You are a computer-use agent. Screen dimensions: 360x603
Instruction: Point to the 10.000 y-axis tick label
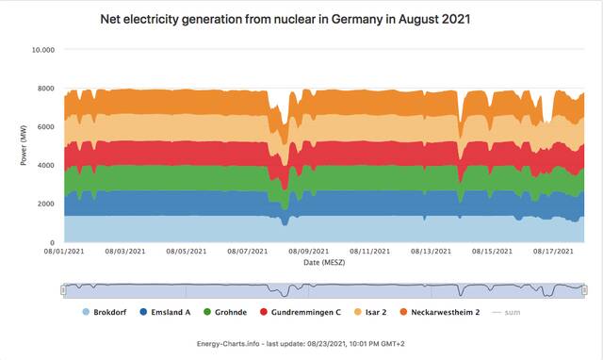click(43, 49)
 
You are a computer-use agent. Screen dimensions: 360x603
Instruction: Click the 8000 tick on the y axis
click(46, 88)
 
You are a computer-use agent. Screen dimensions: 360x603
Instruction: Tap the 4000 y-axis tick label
click(46, 165)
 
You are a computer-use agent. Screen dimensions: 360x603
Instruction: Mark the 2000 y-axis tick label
click(46, 204)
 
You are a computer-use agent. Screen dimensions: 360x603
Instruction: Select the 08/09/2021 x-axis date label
click(309, 252)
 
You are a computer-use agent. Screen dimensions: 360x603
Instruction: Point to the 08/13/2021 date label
click(431, 252)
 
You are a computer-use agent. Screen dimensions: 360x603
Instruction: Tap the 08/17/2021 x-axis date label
click(553, 252)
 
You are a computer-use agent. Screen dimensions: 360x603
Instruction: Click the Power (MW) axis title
click(24, 146)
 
